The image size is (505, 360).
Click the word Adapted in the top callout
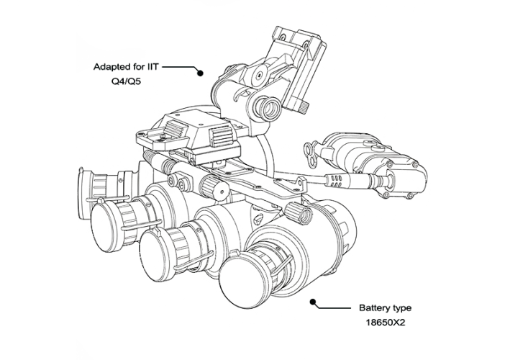tap(109, 67)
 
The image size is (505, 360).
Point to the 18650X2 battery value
tap(386, 323)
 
